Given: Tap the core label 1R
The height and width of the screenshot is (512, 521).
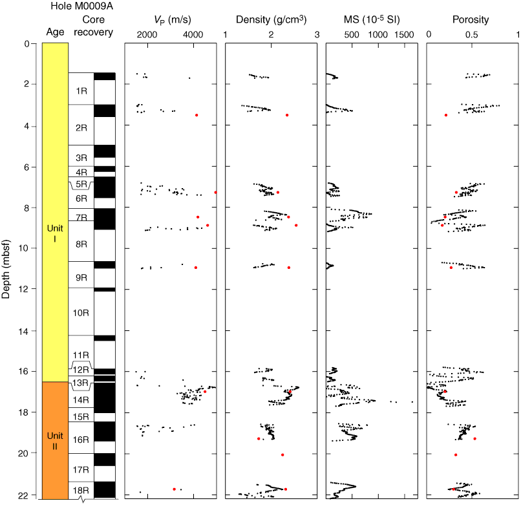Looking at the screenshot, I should click(x=81, y=91).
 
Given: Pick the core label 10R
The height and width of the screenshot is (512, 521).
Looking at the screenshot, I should click(x=81, y=313).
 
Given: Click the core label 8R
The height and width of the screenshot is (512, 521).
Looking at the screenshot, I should click(x=81, y=244).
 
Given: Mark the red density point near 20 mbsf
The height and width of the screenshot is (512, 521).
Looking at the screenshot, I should click(x=282, y=455).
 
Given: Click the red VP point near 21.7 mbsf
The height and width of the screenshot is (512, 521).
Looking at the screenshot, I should click(x=175, y=489).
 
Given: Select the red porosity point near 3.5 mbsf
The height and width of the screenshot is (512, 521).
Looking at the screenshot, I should click(x=446, y=115).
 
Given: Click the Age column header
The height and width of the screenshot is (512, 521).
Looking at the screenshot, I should click(x=55, y=32).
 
